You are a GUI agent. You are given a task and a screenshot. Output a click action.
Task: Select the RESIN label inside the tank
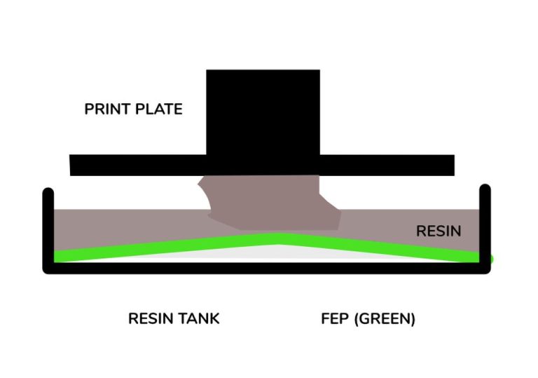pyautogui.click(x=439, y=231)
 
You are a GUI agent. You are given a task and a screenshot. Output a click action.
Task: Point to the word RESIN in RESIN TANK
pyautogui.click(x=150, y=318)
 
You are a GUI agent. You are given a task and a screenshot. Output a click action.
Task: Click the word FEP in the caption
pyautogui.click(x=335, y=318)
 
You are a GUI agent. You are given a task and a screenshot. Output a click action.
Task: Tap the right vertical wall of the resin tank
pyautogui.click(x=485, y=224)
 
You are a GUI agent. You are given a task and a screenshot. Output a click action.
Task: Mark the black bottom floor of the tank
pyautogui.click(x=266, y=267)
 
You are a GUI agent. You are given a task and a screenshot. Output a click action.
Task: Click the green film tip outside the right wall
pyautogui.click(x=490, y=259)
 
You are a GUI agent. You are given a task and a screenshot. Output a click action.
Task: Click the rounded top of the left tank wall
pyautogui.click(x=48, y=191)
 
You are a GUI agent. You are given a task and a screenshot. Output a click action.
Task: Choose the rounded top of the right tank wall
pyautogui.click(x=485, y=189)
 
